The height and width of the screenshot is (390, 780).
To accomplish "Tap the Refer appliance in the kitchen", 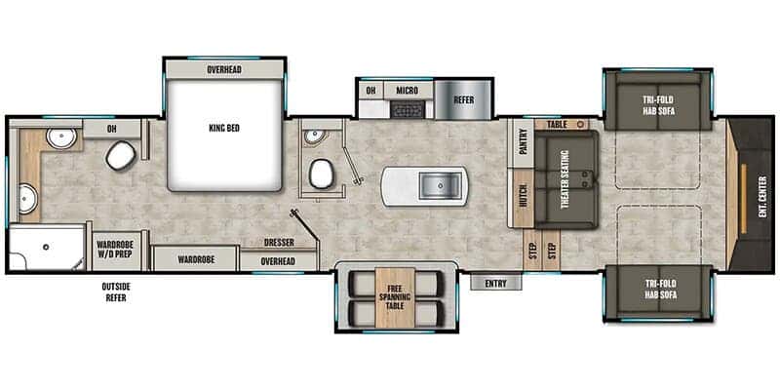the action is click(x=464, y=100).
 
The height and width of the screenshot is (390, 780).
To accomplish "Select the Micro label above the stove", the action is click(x=408, y=91).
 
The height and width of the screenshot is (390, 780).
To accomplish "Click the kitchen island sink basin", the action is click(x=441, y=185).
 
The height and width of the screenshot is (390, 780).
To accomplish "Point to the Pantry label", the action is click(x=523, y=142).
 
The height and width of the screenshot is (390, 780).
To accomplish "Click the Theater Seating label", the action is click(x=565, y=179).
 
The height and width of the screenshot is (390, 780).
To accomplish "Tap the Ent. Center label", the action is click(x=763, y=197).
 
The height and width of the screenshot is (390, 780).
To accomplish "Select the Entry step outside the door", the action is click(x=496, y=283).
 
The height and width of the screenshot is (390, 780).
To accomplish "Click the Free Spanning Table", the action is click(x=395, y=297).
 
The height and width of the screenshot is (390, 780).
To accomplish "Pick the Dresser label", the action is click(x=279, y=242).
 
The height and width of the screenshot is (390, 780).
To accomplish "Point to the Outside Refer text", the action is click(x=116, y=292).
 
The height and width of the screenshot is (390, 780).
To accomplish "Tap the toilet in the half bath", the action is click(x=322, y=174).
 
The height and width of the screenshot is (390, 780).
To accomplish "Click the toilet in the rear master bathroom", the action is click(x=121, y=155).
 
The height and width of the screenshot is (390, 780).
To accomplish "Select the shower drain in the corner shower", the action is click(x=46, y=247).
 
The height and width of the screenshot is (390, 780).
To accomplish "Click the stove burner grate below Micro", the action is click(x=408, y=109).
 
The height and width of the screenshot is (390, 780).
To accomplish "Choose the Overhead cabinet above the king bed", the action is click(x=224, y=69).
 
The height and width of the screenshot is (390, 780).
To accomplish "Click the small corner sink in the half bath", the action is click(x=313, y=136).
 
